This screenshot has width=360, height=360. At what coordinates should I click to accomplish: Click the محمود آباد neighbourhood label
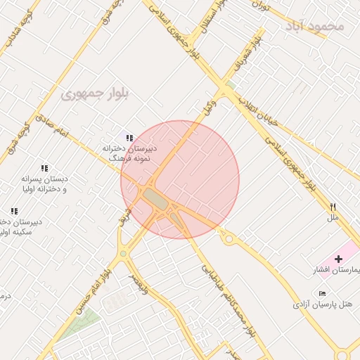coord(316,27)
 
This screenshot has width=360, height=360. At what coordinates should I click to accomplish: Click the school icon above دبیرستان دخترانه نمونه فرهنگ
coord(129,138)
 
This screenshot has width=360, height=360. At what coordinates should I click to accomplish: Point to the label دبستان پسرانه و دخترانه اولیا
coord(44,184)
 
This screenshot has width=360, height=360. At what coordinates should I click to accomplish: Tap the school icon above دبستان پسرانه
coord(44,169)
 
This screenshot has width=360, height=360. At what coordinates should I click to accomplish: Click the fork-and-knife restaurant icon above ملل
coord(333,207)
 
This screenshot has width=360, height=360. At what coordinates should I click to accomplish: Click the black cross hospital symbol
coord(339,259)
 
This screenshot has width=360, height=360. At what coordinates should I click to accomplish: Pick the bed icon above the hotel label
coord(322,292)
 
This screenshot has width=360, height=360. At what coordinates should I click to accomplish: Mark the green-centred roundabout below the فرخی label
coord(123,254)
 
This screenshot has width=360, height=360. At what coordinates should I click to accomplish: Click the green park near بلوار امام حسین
coord(78,323)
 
